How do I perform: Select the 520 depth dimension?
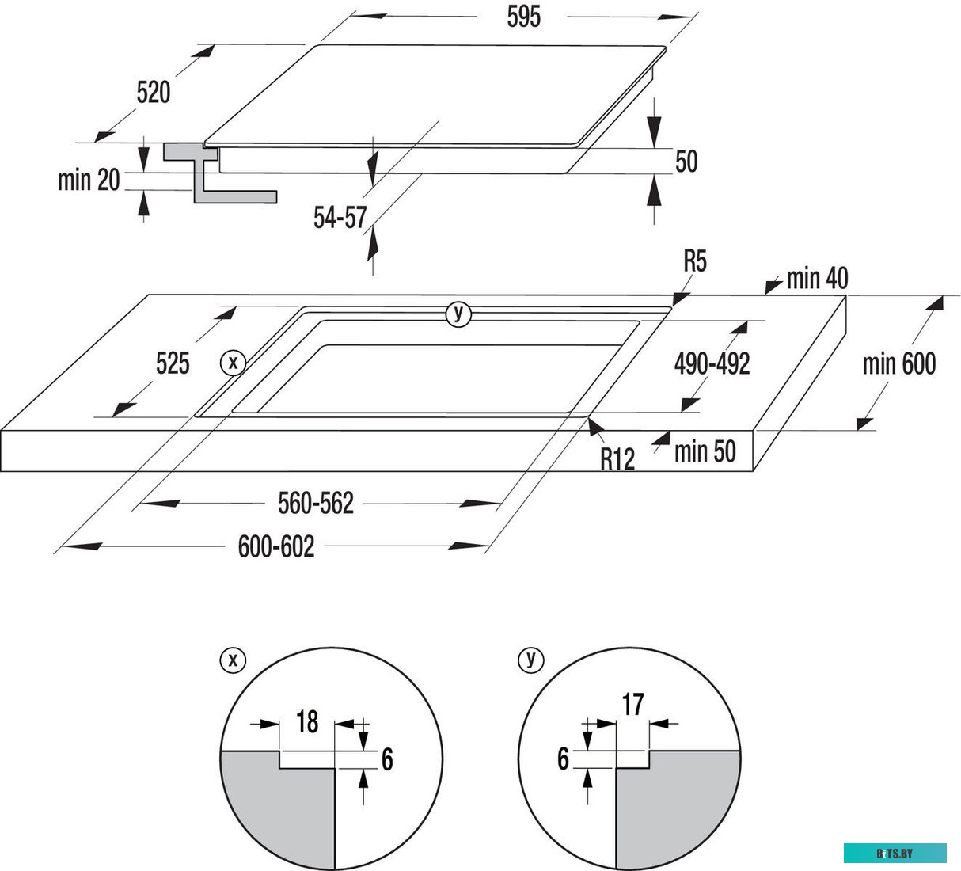(153, 93)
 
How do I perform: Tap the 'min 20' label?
(89, 180)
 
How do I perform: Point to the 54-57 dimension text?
(340, 218)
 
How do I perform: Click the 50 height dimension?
(686, 162)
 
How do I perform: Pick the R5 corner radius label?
(694, 261)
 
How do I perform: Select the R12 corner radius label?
(617, 458)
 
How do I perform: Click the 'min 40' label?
(817, 278)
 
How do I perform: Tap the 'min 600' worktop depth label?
(898, 363)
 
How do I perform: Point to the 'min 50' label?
(705, 451)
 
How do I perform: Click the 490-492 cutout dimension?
(712, 363)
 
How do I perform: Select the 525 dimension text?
(173, 363)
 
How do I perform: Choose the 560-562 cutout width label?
(315, 503)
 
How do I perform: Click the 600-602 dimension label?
(276, 546)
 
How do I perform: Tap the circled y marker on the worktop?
(458, 314)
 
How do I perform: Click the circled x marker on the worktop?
(233, 363)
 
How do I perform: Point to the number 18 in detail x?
(307, 721)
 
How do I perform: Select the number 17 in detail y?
(633, 704)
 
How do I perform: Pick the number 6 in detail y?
(563, 759)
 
